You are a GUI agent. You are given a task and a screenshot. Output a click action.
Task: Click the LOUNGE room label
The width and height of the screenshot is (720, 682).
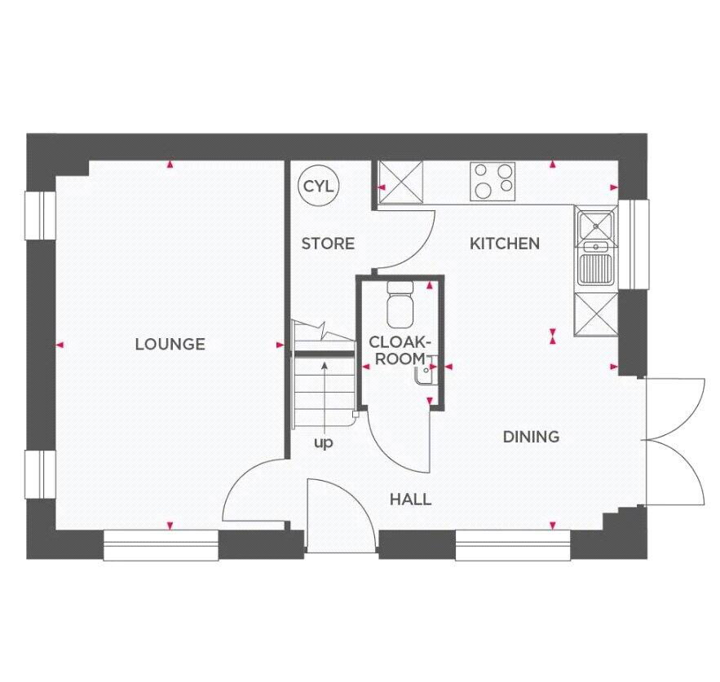[x=170, y=344]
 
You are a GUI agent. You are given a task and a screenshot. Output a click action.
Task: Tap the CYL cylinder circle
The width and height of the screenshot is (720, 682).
[x=318, y=186]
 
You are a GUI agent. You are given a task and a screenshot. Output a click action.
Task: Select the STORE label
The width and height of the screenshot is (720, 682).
[x=328, y=243]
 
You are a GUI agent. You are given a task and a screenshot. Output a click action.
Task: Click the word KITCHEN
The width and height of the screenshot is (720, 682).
[x=505, y=243]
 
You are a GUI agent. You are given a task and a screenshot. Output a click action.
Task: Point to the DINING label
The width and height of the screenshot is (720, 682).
[x=531, y=437]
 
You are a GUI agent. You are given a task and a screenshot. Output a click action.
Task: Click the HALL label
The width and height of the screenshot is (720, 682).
[x=410, y=499]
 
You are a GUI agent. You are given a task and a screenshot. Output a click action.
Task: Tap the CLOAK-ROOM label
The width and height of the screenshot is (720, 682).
[x=398, y=350]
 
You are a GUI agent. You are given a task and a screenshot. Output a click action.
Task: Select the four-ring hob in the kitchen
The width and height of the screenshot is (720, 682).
[x=493, y=180]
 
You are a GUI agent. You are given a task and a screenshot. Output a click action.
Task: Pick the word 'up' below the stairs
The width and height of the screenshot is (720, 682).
[x=324, y=443]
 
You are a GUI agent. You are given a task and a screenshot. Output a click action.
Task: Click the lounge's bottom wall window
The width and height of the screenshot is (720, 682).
[x=161, y=544]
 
